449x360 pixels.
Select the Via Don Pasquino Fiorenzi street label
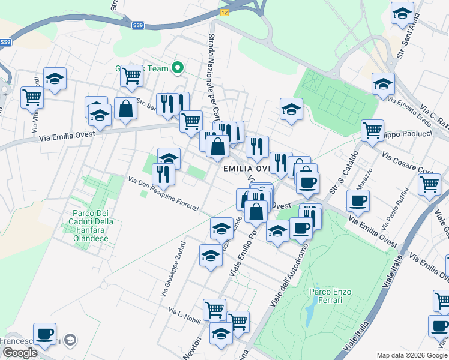[x=163, y=194]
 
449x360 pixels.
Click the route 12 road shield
[x=224, y=12]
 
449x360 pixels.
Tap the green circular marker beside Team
[x=177, y=68]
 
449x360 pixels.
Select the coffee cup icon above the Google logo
[x=44, y=334]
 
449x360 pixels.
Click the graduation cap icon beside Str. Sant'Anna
[x=402, y=13]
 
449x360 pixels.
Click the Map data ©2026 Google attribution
[x=411, y=355]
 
